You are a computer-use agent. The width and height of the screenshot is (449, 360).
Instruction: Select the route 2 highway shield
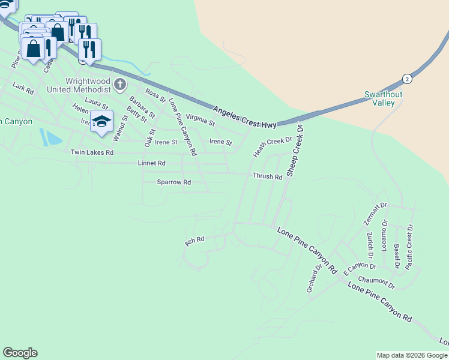(407, 79)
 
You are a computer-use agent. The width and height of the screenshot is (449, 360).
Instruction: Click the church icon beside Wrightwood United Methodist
(120, 85)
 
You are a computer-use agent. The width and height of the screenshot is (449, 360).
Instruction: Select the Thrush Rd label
(267, 177)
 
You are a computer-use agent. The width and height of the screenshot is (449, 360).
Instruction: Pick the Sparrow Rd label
(173, 182)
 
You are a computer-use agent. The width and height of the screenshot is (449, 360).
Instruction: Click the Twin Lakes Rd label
(92, 152)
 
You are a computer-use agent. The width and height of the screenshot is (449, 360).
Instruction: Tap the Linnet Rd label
(151, 163)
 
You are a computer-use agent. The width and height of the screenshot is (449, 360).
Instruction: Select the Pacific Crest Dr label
(410, 246)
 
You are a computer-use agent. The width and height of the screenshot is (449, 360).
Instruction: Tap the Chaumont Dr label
(376, 282)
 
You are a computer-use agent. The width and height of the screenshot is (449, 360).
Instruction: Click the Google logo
(20, 353)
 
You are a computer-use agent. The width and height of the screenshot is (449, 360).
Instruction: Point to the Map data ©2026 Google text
(411, 355)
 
